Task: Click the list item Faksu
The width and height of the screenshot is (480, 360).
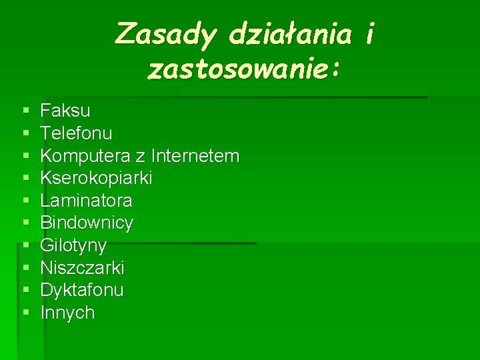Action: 65,110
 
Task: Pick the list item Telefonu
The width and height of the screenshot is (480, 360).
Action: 76,133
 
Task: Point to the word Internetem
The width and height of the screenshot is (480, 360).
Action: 195,155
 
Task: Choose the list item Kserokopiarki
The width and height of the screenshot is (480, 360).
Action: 96,178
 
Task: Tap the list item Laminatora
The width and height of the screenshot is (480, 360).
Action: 86,200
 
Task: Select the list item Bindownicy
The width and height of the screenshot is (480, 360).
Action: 87,223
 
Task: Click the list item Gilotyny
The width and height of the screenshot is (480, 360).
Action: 73,245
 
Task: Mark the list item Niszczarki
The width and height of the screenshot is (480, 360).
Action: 82,268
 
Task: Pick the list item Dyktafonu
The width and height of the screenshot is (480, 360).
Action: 82,290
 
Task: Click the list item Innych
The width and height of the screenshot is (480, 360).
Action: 67,313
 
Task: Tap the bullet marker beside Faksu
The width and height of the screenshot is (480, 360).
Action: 25,111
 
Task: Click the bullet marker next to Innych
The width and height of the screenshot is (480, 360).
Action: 25,313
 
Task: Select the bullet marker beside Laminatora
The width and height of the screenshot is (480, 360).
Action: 25,201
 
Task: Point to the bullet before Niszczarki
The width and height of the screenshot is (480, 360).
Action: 25,268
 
